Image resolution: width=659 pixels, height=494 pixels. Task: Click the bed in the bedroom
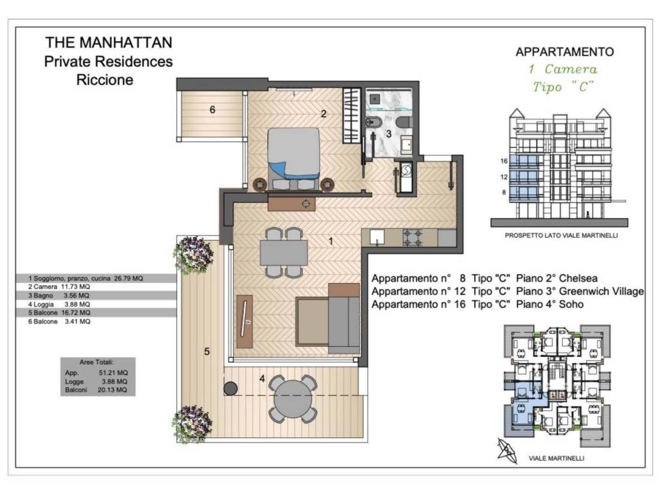[x=293, y=158]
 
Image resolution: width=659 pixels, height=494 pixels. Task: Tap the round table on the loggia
[x=293, y=399]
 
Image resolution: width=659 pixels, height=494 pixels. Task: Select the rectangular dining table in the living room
[x=284, y=252]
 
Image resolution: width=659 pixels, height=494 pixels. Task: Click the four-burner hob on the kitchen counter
[x=413, y=237]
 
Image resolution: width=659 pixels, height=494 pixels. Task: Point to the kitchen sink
[x=377, y=237]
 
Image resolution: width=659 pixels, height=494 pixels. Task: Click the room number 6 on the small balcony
[x=212, y=109]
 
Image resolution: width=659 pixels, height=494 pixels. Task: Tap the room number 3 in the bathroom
[x=389, y=134]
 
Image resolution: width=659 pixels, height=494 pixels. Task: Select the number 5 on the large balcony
[x=207, y=351]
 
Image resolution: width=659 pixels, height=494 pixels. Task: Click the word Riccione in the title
[x=105, y=79]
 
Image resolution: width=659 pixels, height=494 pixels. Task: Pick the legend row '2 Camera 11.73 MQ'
[x=59, y=287]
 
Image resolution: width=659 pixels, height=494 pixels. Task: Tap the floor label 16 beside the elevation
[x=504, y=161]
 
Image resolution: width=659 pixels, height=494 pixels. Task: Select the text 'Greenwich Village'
[x=602, y=291]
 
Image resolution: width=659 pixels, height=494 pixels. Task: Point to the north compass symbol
[x=507, y=451]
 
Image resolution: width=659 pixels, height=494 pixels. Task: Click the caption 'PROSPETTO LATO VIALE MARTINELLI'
[x=561, y=235]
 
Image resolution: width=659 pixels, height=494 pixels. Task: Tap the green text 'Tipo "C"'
[x=563, y=87]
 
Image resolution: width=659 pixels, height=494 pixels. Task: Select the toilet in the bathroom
[x=405, y=122]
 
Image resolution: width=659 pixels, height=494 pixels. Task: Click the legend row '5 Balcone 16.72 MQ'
[x=59, y=313]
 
